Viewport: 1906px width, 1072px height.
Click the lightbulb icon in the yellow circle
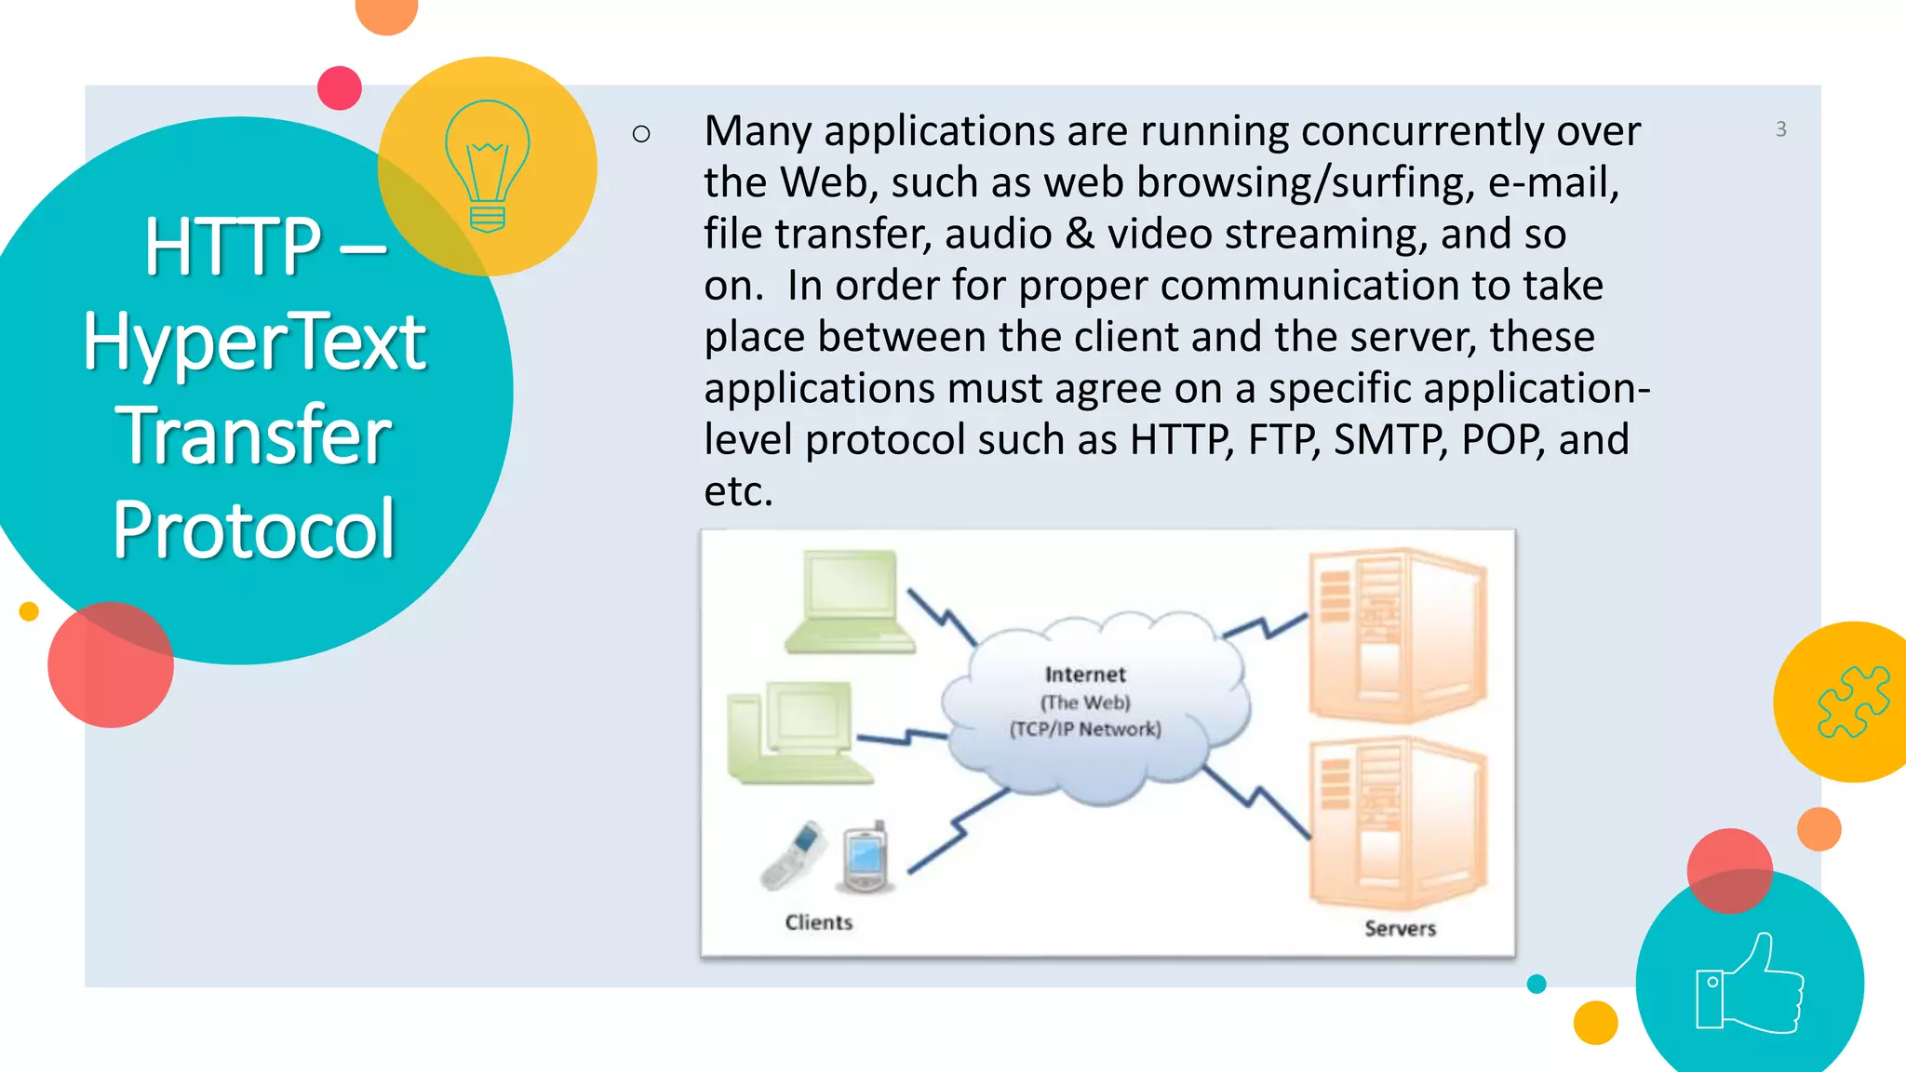click(x=488, y=166)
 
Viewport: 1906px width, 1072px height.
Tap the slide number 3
click(x=1780, y=129)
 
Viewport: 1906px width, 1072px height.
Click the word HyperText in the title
click(x=254, y=342)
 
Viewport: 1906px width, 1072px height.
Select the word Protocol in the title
click(x=254, y=529)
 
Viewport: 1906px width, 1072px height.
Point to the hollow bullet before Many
click(x=640, y=134)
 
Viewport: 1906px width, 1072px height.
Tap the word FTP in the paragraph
click(x=1282, y=439)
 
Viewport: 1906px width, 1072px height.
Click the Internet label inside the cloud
click(x=1085, y=675)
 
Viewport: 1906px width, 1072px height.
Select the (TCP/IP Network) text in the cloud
click(x=1085, y=729)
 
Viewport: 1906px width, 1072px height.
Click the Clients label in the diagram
click(x=818, y=922)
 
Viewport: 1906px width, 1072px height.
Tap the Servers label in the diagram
click(x=1400, y=928)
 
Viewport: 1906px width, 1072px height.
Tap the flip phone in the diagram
click(x=793, y=855)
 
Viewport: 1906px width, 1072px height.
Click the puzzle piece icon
click(x=1852, y=702)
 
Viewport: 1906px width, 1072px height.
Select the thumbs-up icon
click(x=1750, y=985)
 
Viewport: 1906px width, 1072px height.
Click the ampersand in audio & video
click(x=1080, y=234)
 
